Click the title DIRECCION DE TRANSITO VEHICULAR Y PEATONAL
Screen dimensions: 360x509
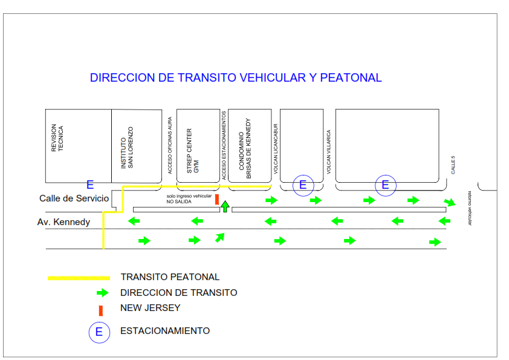point(236,78)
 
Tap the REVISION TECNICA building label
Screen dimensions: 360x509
point(57,138)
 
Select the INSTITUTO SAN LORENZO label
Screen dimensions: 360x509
point(127,147)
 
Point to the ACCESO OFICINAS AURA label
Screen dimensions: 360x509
point(170,146)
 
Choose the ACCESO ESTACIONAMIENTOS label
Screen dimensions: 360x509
point(224,145)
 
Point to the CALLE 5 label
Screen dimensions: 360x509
point(453,165)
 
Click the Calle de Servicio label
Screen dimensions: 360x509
point(74,198)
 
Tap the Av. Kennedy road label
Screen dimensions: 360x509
point(63,222)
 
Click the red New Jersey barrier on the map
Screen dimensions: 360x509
point(216,200)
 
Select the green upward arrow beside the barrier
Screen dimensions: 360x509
point(225,206)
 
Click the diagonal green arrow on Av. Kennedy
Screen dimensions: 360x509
point(221,237)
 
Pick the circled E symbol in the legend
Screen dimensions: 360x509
point(99,332)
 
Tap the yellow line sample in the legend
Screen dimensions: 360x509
point(79,278)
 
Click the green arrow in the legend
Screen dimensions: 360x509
point(102,293)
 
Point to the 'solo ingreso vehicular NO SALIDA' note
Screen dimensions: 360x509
point(189,198)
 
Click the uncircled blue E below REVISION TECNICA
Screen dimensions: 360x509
point(90,185)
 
